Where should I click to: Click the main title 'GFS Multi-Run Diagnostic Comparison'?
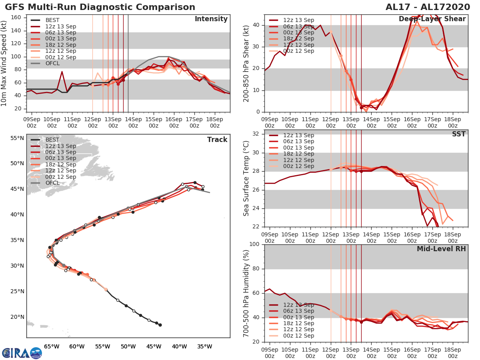point(100,7)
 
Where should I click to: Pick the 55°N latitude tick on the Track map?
point(17,138)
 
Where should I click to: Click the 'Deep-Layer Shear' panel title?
point(432,19)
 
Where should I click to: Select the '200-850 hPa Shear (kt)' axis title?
point(246,63)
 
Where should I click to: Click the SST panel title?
point(459,134)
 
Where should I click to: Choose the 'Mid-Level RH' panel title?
point(442,249)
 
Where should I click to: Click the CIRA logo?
point(22,353)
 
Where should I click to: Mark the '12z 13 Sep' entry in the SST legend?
point(298,135)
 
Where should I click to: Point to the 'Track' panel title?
point(217,140)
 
